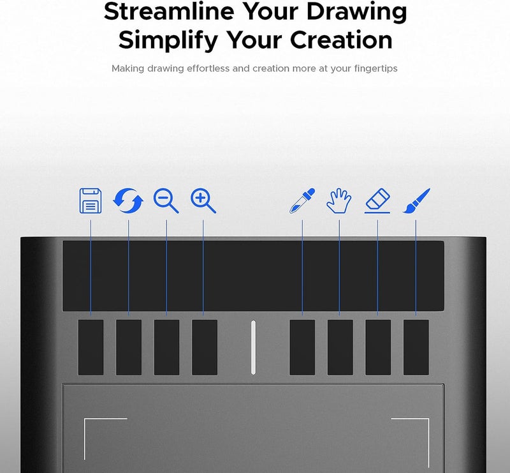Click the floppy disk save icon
(91, 200)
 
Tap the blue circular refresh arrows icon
(128, 200)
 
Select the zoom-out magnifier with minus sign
(166, 200)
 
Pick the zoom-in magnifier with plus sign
(203, 200)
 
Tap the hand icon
(339, 200)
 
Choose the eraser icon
(377, 200)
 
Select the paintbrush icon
(416, 200)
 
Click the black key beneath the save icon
(91, 347)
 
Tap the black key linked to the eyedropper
(302, 347)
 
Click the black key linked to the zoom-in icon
(205, 347)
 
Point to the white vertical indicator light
(253, 347)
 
